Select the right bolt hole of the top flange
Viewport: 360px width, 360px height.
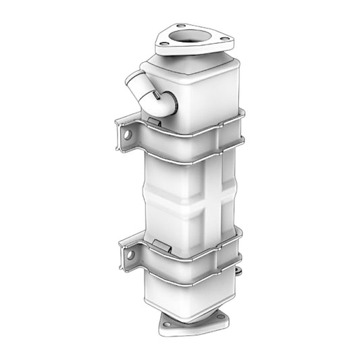[x=224, y=41]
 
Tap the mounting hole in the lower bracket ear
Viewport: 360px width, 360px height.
[x=130, y=255]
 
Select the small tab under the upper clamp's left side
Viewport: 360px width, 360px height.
[x=154, y=122]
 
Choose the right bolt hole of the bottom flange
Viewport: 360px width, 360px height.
[x=220, y=320]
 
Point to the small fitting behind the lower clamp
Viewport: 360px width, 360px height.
[x=238, y=272]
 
